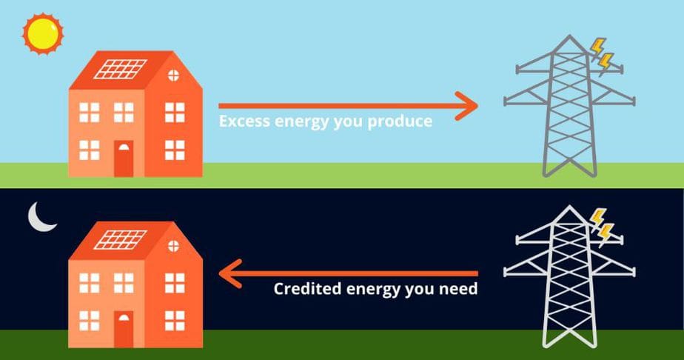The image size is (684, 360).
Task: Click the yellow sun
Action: (43, 34)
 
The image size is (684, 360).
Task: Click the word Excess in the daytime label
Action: (244, 121)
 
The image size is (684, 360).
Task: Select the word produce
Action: (400, 121)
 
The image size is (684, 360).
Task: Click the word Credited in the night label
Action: (307, 289)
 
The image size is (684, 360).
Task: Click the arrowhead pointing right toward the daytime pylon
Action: (467, 106)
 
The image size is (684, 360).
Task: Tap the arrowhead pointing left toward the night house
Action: (230, 273)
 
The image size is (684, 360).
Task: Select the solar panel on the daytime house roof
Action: (121, 69)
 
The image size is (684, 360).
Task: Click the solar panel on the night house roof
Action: (121, 239)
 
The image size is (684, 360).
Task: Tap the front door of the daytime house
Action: (124, 159)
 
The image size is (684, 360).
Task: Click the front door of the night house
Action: (124, 329)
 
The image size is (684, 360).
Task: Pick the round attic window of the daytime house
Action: (174, 76)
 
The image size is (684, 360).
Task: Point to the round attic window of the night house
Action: (174, 246)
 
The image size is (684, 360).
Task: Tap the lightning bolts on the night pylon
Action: (601, 227)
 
